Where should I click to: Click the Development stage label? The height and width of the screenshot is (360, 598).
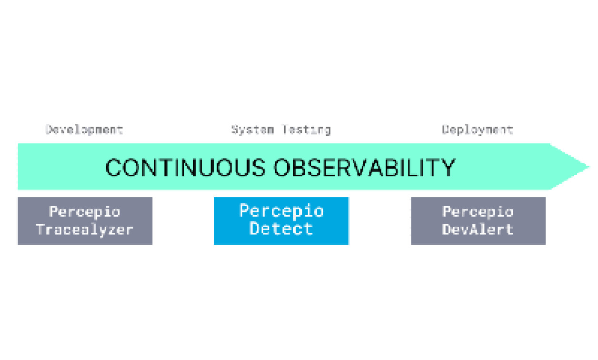[x=84, y=130]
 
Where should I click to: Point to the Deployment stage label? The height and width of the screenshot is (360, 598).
[x=478, y=130]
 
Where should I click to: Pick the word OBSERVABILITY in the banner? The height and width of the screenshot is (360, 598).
[x=364, y=168]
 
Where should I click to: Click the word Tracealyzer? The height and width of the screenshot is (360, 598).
[x=85, y=230]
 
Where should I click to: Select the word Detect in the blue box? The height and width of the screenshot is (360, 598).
[x=281, y=229]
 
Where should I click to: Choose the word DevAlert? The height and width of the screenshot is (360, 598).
[x=478, y=230]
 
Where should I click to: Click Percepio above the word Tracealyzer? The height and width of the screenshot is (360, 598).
[x=85, y=211]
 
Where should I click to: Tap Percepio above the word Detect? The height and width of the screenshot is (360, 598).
[x=281, y=210]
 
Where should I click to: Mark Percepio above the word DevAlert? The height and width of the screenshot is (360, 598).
[x=478, y=211]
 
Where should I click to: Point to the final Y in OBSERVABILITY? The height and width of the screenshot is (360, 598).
[x=447, y=168]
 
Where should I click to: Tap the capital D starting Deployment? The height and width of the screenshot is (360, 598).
[x=446, y=130]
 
